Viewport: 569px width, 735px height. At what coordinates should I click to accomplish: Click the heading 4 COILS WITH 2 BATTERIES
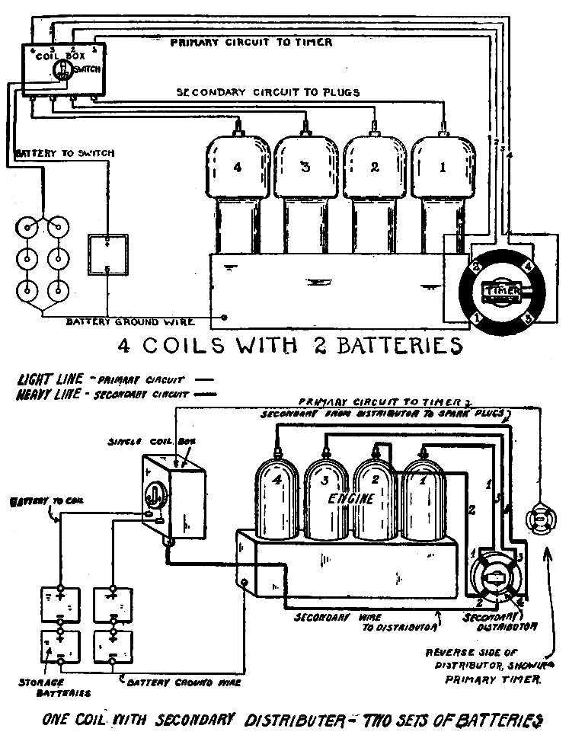[x=289, y=346]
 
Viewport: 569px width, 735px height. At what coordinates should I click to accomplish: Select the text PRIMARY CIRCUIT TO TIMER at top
[x=251, y=42]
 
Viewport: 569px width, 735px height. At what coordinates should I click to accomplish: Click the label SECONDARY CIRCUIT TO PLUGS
[x=268, y=92]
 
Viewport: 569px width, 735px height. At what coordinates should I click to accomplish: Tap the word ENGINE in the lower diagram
[x=351, y=499]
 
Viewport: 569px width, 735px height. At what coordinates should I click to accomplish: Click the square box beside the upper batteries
[x=107, y=256]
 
